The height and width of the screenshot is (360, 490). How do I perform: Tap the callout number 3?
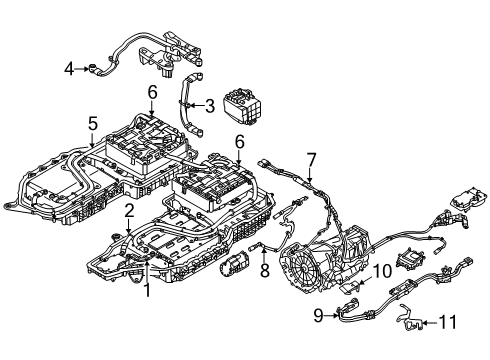click(209, 105)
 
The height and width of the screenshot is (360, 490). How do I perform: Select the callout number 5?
click(92, 124)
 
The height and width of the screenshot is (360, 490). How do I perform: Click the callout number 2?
click(129, 210)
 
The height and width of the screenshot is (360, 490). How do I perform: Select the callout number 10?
click(382, 271)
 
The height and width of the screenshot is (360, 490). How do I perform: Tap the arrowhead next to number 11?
click(423, 322)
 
